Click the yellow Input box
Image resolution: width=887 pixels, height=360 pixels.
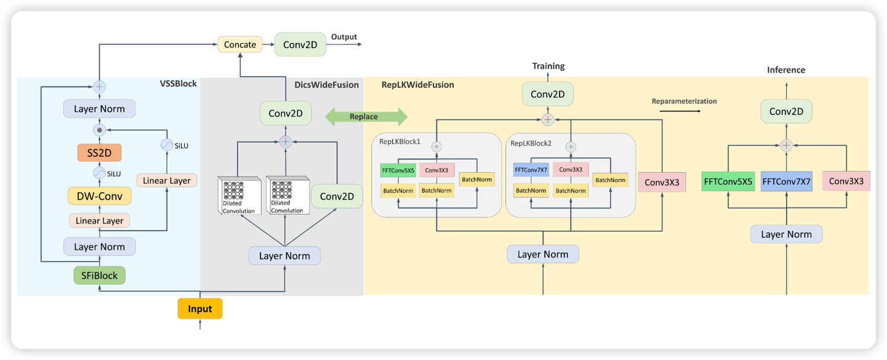[x=200, y=308]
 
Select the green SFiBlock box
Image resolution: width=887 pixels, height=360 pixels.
[x=100, y=275]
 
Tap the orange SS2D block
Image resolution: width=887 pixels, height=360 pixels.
[x=99, y=152]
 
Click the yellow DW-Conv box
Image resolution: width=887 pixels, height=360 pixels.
[x=99, y=196]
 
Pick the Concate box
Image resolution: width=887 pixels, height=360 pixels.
[x=240, y=44]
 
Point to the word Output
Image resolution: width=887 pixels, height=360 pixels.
[x=344, y=37]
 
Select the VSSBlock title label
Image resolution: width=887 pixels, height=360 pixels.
[x=178, y=83]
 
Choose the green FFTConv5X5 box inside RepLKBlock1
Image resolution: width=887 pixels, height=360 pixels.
[x=398, y=169]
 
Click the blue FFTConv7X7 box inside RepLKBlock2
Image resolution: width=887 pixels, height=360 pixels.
[x=531, y=169]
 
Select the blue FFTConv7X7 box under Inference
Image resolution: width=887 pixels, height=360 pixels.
[x=786, y=182]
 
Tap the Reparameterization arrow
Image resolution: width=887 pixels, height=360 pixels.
[x=680, y=111]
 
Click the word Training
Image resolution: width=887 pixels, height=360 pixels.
[x=548, y=66]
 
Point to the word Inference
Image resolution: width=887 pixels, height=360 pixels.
[x=786, y=70]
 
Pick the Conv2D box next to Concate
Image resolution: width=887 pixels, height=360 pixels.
[x=300, y=44]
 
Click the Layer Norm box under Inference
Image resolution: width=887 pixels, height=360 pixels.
[x=786, y=234]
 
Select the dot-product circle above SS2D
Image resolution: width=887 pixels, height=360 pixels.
[x=99, y=130]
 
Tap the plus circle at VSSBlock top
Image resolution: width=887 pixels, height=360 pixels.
[x=99, y=87]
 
